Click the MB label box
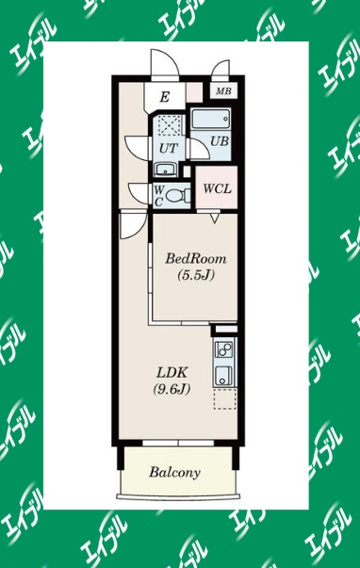pyautogui.click(x=223, y=91)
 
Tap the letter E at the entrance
pyautogui.click(x=165, y=97)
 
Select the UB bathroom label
pyautogui.click(x=220, y=140)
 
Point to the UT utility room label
pyautogui.click(x=169, y=148)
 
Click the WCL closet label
pyautogui.click(x=217, y=188)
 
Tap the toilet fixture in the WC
pyautogui.click(x=177, y=196)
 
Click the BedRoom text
pyautogui.click(x=196, y=259)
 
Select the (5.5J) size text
pyautogui.click(x=196, y=275)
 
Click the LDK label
pyautogui.click(x=172, y=372)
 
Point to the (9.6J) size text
pyautogui.click(x=172, y=389)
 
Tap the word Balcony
pyautogui.click(x=174, y=473)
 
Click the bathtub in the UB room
pyautogui.click(x=211, y=119)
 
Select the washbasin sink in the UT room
pyautogui.click(x=166, y=170)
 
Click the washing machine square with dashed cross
pyautogui.click(x=169, y=125)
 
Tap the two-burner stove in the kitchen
pyautogui.click(x=224, y=349)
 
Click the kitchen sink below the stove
pyautogui.click(x=223, y=376)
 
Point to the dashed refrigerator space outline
pyautogui.click(x=225, y=398)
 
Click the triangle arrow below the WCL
pyautogui.click(x=215, y=218)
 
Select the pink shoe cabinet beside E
pyautogui.click(x=194, y=92)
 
